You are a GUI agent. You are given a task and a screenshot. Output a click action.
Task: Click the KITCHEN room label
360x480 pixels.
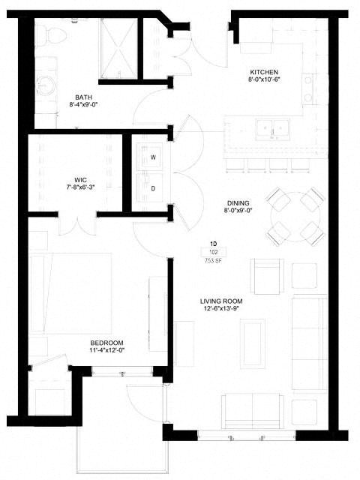tap(264, 72)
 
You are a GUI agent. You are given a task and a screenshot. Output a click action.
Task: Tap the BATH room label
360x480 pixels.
tap(83, 97)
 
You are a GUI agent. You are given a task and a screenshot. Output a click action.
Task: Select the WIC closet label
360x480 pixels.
tap(80, 179)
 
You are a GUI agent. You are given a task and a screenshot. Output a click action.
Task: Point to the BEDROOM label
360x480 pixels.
tap(106, 343)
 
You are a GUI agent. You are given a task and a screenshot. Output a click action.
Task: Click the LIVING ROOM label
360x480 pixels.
tap(221, 301)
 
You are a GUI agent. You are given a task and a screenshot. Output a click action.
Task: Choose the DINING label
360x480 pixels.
tap(238, 203)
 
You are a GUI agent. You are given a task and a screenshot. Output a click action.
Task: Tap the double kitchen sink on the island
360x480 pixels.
tap(272, 130)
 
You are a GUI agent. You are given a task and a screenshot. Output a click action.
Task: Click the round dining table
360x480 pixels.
tap(295, 217)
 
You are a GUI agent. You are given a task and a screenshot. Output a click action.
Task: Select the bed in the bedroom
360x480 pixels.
tap(71, 293)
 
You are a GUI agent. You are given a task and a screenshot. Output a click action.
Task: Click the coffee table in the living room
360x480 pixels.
tap(253, 343)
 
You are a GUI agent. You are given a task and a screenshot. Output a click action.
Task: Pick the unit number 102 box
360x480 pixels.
tap(214, 252)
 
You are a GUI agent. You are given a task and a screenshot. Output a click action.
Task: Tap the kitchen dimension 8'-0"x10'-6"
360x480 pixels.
tap(264, 79)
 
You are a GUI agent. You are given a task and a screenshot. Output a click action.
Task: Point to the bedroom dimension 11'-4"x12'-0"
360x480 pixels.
tap(106, 350)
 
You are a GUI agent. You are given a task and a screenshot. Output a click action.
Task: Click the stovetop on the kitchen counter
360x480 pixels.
tap(308, 88)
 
